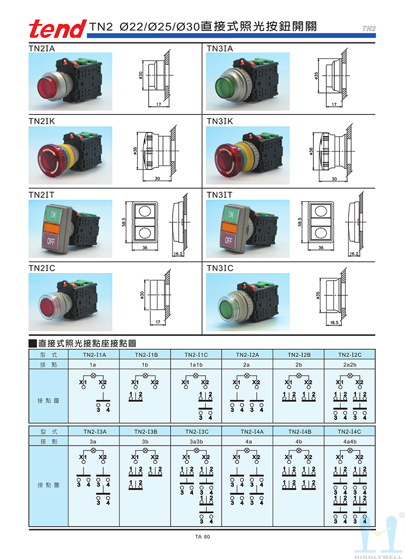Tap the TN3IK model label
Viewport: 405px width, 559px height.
click(x=220, y=121)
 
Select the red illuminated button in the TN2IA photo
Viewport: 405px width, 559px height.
click(x=50, y=84)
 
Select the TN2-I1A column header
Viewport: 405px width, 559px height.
click(x=94, y=355)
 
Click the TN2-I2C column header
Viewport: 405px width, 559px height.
click(x=349, y=355)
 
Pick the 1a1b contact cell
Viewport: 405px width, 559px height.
click(x=196, y=364)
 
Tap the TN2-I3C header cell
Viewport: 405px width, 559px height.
click(x=196, y=432)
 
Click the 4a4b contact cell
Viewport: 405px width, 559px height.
click(x=349, y=441)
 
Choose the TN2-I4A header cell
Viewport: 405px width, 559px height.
click(x=248, y=432)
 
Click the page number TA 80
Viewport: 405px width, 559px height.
click(x=202, y=537)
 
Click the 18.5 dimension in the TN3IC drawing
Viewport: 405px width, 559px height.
click(x=334, y=322)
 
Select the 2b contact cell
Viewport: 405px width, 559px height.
click(x=299, y=364)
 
